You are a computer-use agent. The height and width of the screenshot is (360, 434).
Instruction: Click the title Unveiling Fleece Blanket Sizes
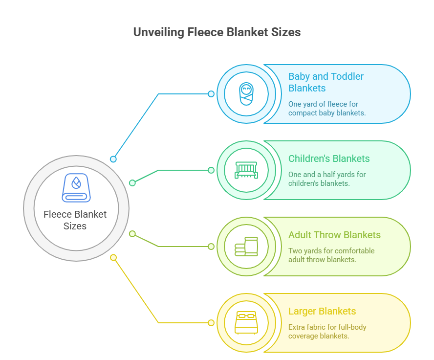[217, 32]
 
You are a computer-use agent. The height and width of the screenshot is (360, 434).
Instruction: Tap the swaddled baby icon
[246, 93]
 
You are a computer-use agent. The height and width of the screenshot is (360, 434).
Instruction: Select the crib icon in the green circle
[246, 170]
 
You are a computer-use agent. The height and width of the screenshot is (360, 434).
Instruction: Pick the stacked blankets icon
[246, 246]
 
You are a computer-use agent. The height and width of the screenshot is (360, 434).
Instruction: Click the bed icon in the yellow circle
[246, 322]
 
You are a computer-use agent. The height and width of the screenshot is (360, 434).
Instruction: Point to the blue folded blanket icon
[76, 188]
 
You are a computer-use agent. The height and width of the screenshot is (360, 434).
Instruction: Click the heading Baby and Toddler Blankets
[325, 82]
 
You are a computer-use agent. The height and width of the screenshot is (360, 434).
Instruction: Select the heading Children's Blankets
[329, 158]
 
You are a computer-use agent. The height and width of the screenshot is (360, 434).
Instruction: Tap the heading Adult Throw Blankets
[334, 235]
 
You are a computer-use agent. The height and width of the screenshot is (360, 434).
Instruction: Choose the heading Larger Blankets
[322, 311]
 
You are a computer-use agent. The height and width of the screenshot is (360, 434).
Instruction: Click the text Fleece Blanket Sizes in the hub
[75, 220]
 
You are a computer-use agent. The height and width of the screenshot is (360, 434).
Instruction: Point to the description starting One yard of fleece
[327, 108]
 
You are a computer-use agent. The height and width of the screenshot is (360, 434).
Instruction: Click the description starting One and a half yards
[327, 179]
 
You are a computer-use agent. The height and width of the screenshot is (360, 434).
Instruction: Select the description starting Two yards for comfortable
[331, 255]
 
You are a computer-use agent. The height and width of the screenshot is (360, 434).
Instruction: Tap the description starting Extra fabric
[327, 331]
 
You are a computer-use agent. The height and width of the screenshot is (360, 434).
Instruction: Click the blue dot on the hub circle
[113, 159]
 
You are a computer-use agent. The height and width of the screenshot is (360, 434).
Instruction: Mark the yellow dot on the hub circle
[113, 257]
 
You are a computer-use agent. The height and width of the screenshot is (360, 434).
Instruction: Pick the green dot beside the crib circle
[211, 170]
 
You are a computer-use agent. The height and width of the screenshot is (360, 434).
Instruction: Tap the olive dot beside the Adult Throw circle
[211, 247]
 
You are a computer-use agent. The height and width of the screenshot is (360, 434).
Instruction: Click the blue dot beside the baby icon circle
[211, 94]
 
